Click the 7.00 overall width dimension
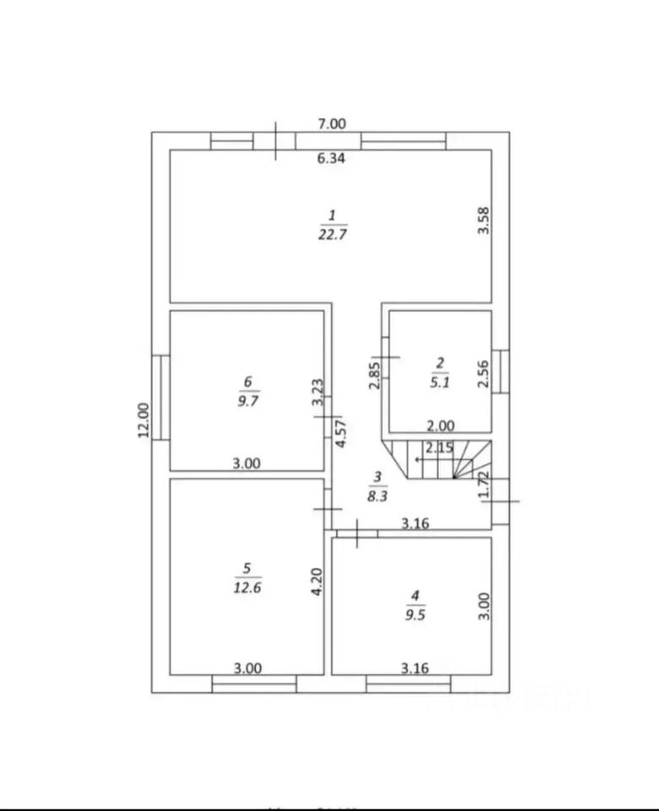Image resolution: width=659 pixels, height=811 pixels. pos(332,123)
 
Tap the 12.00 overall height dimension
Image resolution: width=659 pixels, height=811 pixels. pos(143,419)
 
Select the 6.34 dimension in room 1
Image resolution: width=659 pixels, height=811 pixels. pos(332,157)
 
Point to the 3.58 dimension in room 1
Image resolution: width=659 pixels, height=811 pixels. pos(484,221)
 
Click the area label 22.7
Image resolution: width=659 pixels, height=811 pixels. pos(332,236)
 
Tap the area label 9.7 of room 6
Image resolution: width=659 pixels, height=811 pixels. pos(248,400)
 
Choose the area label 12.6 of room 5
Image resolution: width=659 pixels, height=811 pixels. pos(248,587)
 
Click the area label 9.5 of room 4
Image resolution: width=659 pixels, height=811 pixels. pos(414,615)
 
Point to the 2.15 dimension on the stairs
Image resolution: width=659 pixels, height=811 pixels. pos(439,447)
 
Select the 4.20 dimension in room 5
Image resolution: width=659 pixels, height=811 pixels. pos(316,580)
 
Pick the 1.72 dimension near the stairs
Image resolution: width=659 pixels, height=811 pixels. pos(484,484)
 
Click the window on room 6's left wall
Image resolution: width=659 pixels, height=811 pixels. pos(161,396)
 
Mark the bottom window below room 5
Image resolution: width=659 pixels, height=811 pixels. pos(253,683)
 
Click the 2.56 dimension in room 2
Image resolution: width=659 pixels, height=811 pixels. pos(484,373)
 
